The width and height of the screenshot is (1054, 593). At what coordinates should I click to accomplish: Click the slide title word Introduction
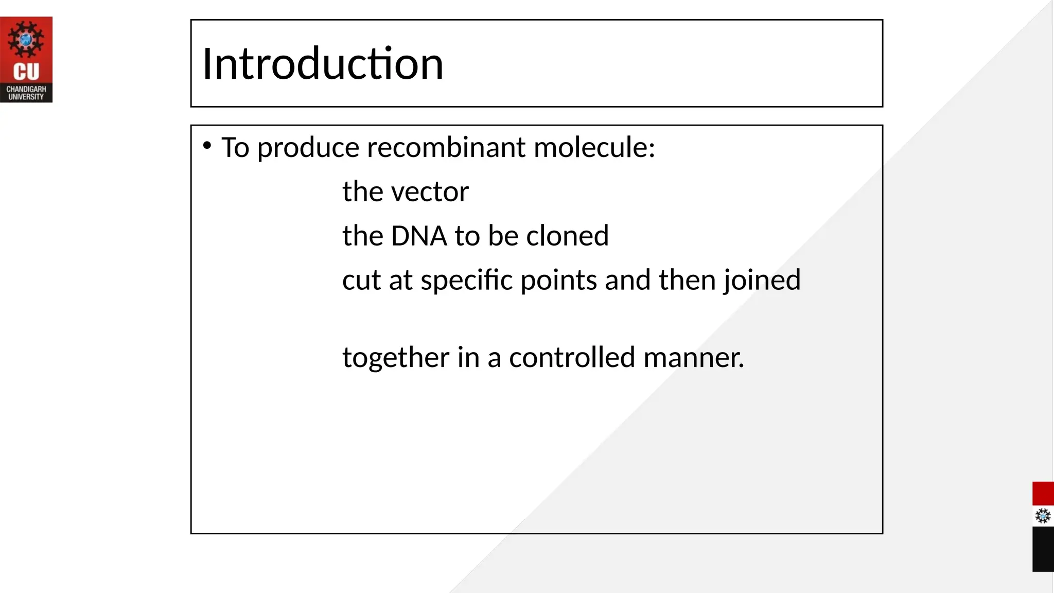(323, 64)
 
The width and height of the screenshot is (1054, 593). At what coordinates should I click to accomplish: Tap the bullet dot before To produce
(207, 146)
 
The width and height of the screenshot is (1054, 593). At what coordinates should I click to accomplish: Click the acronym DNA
(419, 236)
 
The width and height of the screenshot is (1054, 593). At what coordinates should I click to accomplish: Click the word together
(396, 358)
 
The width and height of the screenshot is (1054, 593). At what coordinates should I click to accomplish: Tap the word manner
(693, 358)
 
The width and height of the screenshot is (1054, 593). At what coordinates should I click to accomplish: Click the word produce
(308, 149)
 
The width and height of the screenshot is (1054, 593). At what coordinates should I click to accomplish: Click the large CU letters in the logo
(26, 72)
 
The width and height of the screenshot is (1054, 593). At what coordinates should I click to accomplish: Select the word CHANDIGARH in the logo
(26, 89)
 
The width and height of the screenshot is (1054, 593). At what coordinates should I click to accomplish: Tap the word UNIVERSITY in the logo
(26, 97)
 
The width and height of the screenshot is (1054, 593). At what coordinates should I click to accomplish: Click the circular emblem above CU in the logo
(26, 39)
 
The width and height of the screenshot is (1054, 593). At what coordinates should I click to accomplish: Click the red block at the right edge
(1043, 494)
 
